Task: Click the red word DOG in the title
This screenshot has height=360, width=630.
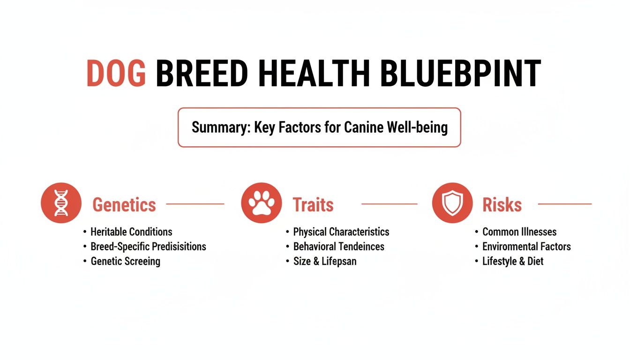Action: click(x=116, y=74)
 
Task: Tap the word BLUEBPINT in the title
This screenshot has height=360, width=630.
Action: click(x=460, y=74)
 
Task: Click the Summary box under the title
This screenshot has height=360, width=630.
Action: click(x=319, y=127)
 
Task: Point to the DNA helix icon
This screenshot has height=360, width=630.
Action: click(x=61, y=203)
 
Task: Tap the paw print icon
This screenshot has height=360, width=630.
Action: click(x=261, y=203)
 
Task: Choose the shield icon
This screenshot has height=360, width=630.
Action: click(x=452, y=203)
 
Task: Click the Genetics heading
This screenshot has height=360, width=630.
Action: click(x=124, y=205)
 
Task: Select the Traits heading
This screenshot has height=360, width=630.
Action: click(x=313, y=205)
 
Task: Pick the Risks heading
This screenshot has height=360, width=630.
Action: click(x=502, y=205)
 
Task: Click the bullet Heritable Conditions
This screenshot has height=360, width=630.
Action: click(x=131, y=232)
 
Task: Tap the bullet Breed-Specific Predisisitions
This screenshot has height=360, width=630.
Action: click(x=148, y=247)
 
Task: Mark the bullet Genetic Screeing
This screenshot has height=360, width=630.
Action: click(x=125, y=261)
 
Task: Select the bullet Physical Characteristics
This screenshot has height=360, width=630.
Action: click(x=341, y=232)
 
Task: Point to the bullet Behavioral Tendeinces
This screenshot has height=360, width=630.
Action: click(x=338, y=247)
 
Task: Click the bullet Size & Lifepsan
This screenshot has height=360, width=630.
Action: click(x=324, y=261)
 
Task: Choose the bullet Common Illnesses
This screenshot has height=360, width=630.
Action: click(x=519, y=232)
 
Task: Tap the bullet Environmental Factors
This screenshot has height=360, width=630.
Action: click(x=526, y=247)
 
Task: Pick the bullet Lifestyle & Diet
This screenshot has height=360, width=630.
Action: click(x=513, y=261)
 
